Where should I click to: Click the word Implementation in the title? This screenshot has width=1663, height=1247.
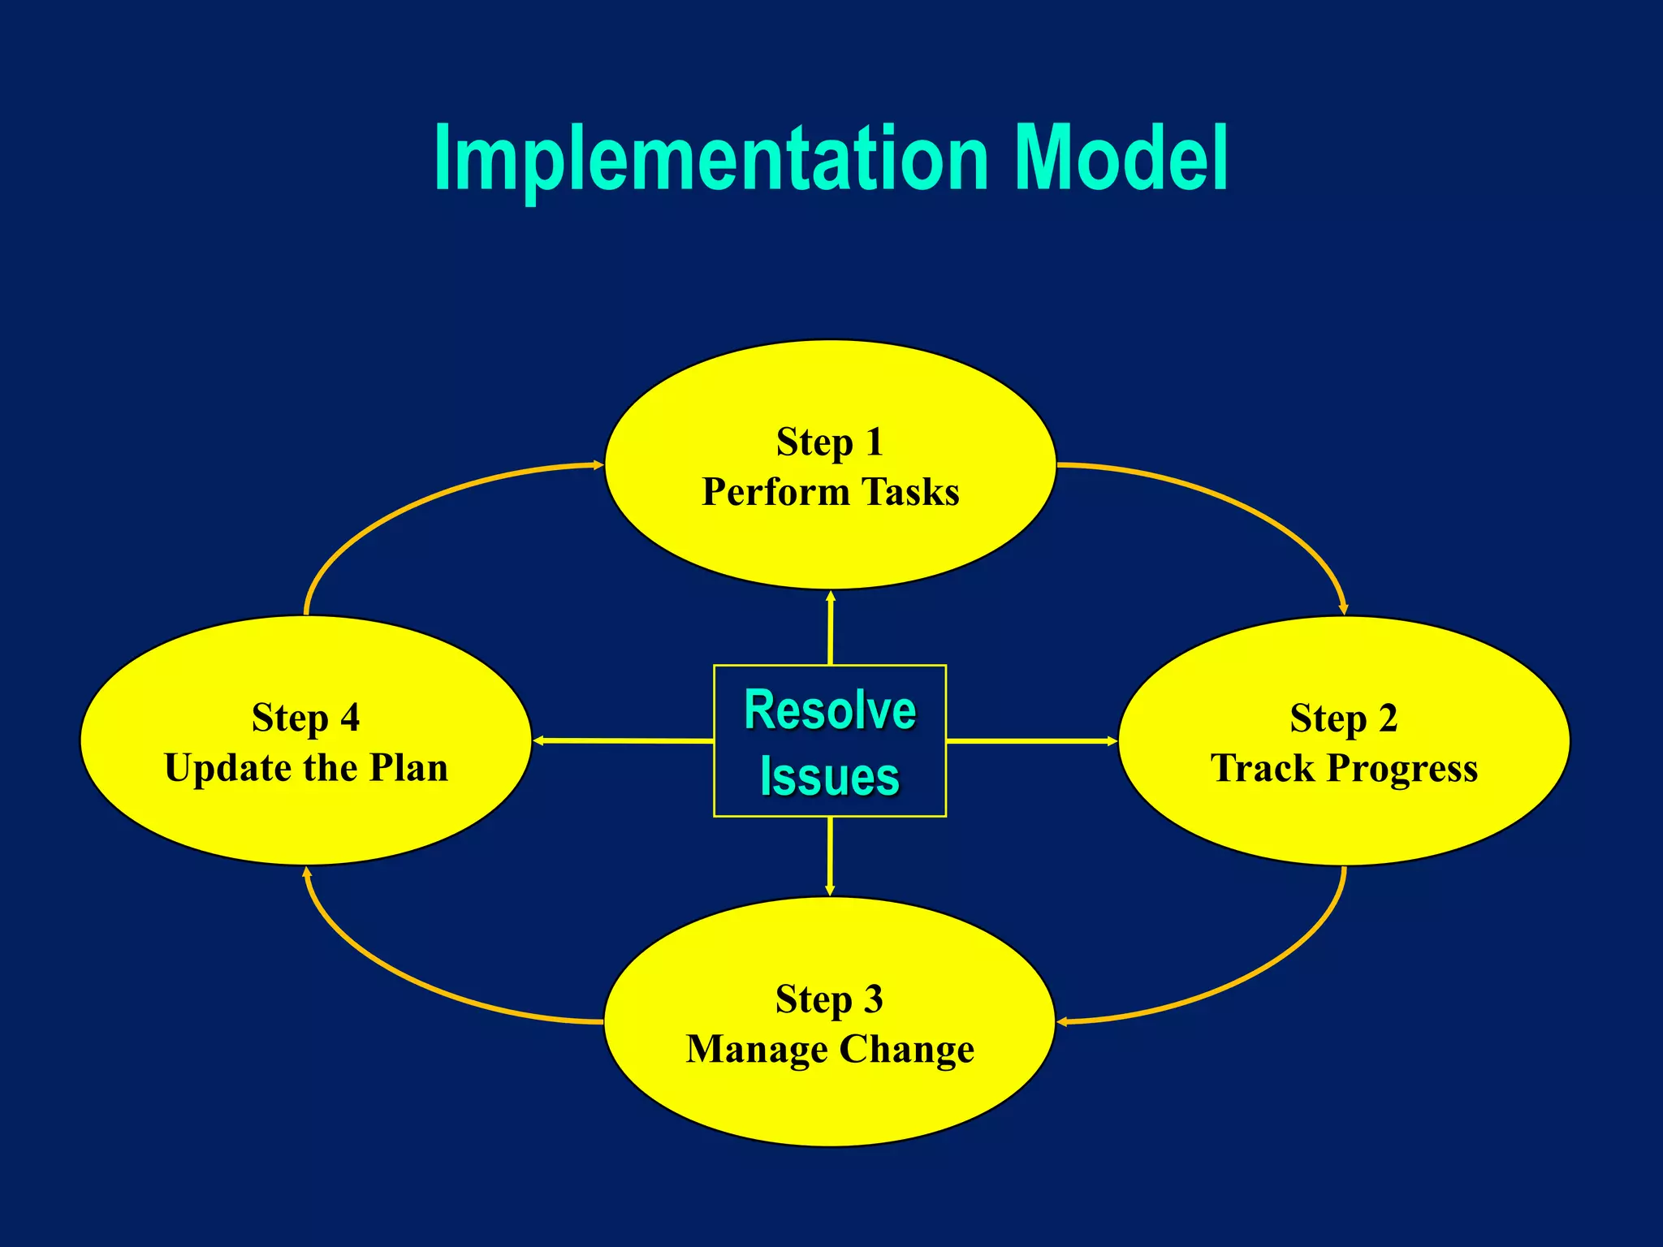tap(711, 159)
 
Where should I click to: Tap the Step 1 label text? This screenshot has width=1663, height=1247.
tap(829, 443)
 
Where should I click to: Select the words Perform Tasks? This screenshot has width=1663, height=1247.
tap(830, 492)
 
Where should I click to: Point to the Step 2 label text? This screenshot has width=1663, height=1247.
tap(1343, 719)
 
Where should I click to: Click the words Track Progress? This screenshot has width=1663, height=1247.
tap(1343, 769)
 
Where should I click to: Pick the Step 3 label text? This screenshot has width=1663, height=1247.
tap(829, 1000)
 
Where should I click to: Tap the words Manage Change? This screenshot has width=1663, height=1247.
tap(830, 1050)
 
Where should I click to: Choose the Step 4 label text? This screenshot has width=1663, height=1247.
tap(305, 718)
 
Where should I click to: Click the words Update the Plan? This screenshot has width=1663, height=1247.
tap(305, 768)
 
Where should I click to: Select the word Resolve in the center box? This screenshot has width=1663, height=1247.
tap(830, 710)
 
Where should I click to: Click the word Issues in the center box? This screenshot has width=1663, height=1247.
tap(830, 777)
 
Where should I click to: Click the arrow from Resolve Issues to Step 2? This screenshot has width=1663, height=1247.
tap(1031, 740)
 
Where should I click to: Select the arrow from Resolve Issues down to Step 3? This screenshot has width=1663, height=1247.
tap(829, 856)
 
